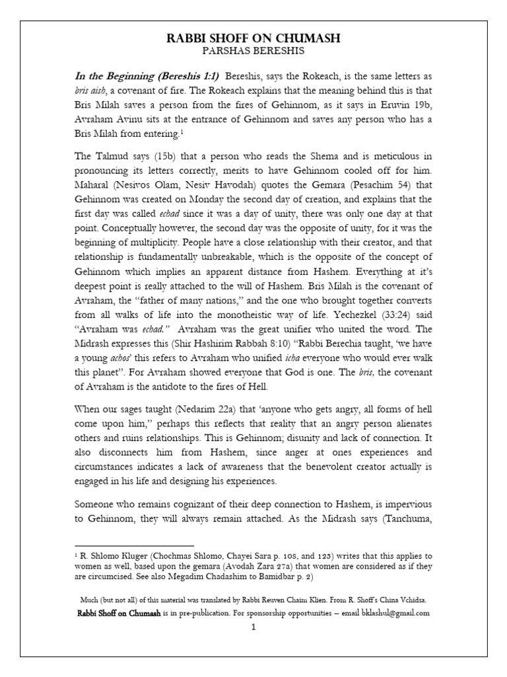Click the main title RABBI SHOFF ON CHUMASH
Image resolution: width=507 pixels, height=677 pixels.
pyautogui.click(x=253, y=39)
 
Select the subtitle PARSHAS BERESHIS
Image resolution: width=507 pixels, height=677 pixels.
pyautogui.click(x=253, y=52)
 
